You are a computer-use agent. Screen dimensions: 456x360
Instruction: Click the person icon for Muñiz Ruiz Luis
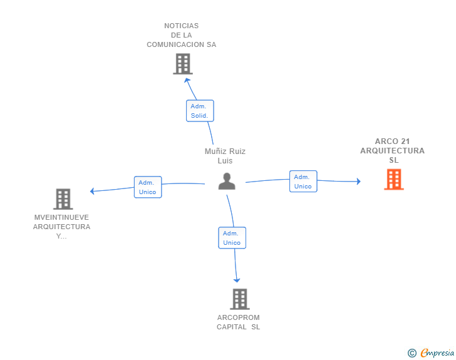point(227,181)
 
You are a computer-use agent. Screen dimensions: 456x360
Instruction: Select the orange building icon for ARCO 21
point(394,179)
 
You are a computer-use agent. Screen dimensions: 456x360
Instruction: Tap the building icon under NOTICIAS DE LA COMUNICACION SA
point(183,64)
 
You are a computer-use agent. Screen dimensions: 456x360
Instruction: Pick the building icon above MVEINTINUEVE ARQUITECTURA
point(63,199)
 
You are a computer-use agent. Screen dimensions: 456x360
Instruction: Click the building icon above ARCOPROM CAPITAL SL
point(240,299)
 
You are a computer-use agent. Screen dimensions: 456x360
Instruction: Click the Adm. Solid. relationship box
point(200,111)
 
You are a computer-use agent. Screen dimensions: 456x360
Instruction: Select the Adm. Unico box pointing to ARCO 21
point(303,181)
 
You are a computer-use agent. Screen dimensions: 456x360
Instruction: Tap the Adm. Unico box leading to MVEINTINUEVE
point(148,187)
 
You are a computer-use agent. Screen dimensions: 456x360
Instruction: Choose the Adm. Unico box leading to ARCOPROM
point(232,238)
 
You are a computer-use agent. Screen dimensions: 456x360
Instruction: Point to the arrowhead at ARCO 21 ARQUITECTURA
point(359,182)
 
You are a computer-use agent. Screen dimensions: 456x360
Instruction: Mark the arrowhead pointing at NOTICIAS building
point(187,80)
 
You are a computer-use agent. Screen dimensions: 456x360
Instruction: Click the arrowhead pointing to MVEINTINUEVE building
point(92,191)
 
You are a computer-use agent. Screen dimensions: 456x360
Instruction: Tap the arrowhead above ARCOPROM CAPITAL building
point(237,280)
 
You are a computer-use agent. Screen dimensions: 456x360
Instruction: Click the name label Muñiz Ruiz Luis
point(225,156)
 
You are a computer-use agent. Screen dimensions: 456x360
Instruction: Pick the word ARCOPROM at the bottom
point(239,317)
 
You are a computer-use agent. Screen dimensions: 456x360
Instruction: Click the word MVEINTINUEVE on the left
point(61,217)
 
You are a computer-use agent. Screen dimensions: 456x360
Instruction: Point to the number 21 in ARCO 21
point(405,141)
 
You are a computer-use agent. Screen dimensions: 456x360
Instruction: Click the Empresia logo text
point(437,352)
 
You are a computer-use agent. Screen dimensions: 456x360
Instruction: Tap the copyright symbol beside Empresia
point(412,353)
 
